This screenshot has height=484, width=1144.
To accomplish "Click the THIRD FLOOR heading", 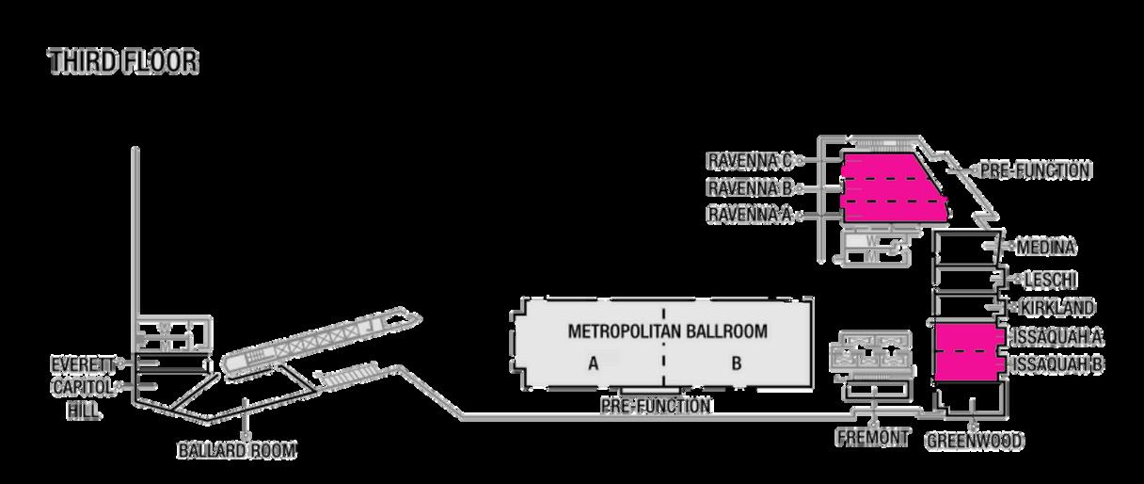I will click(123, 62).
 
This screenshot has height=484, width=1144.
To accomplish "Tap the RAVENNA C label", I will click(748, 159).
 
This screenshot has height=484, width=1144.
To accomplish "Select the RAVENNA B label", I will click(748, 186).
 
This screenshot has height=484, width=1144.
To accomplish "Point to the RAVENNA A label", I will click(748, 215).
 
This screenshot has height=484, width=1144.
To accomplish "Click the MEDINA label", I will click(1047, 247).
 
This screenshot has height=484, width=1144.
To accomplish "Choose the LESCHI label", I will click(1051, 280).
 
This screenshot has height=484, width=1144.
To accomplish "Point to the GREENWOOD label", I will click(975, 441).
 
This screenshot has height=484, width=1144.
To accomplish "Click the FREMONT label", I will click(872, 438).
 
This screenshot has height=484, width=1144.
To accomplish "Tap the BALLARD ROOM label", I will click(237, 451).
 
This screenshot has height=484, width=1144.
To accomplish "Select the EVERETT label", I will click(84, 363).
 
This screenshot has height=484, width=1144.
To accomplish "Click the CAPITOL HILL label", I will click(84, 398).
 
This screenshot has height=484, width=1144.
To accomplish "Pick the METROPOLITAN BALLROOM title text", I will click(667, 331).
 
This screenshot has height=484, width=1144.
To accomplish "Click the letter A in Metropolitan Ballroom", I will click(594, 363).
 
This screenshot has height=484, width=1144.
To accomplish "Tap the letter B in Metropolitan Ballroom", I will click(737, 363).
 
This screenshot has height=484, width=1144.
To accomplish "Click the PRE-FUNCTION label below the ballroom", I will click(656, 407).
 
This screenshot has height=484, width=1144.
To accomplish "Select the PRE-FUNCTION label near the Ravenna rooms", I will click(1035, 171).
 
